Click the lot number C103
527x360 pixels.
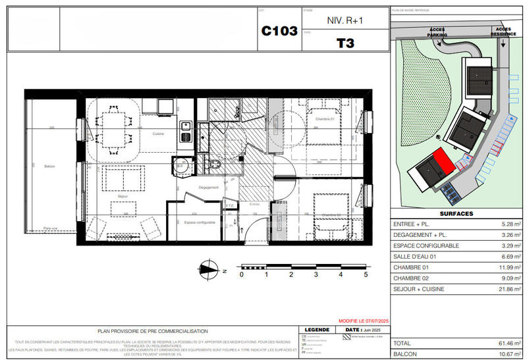(279, 31)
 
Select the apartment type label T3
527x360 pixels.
(345, 44)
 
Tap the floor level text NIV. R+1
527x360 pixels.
(345, 20)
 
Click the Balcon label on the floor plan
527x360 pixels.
(49, 166)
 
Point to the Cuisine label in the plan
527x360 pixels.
(158, 133)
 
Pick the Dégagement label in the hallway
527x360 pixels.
(208, 188)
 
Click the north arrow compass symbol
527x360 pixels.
(209, 268)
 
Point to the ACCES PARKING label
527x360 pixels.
(437, 32)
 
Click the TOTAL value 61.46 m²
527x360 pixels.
(508, 344)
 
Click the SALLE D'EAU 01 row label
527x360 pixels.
(416, 257)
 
